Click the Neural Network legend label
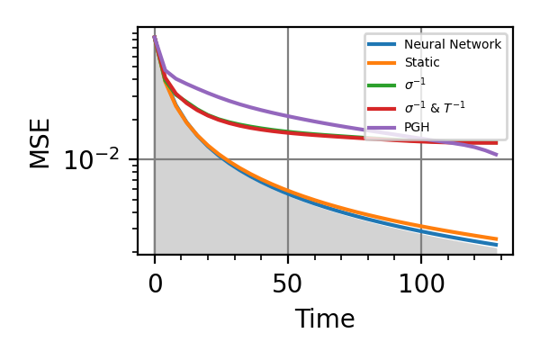[452, 44]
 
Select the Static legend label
[421, 63]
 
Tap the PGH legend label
[418, 127]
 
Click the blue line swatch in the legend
[382, 44]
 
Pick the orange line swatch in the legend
[382, 63]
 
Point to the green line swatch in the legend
[382, 85]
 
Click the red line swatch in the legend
[382, 107]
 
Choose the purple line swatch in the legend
[382, 127]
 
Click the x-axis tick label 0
[155, 284]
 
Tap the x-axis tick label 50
[288, 284]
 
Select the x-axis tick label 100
[421, 284]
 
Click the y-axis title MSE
[40, 142]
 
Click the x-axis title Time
[325, 319]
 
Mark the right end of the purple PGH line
[497, 155]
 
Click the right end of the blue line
[497, 245]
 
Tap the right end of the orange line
[497, 238]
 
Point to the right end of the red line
[497, 143]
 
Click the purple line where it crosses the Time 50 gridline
[288, 116]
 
